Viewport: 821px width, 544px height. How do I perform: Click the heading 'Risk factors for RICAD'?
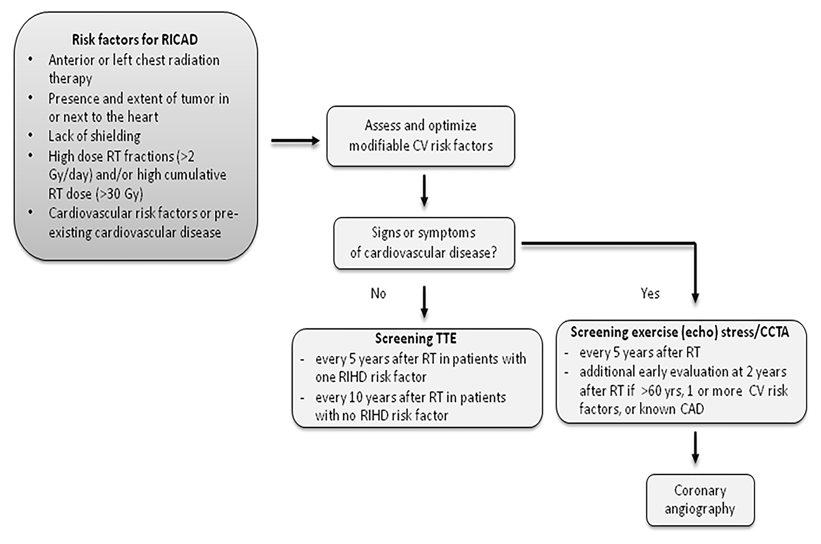(x=135, y=40)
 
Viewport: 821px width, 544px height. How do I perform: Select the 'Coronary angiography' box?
(x=700, y=500)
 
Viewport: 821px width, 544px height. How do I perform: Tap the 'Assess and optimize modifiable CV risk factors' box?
(x=420, y=136)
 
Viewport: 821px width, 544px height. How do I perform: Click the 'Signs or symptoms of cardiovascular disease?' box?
(x=424, y=243)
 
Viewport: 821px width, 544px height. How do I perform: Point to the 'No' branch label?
(x=378, y=293)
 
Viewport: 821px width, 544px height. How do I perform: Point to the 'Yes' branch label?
(x=650, y=293)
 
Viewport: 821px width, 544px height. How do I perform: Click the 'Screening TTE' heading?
(x=416, y=339)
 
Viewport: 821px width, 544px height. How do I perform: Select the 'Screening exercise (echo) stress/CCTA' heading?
(x=680, y=332)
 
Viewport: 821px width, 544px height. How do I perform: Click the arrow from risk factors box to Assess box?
(x=295, y=141)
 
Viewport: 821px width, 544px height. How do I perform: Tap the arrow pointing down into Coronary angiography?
(x=695, y=447)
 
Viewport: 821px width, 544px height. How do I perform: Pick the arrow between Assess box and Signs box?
(x=424, y=191)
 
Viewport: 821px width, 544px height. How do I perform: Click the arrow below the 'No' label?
(x=424, y=302)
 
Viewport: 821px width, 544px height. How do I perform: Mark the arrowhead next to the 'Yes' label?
(x=695, y=297)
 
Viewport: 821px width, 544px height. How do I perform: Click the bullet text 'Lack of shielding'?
(x=94, y=136)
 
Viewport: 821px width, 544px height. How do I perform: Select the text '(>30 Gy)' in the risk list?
(x=119, y=193)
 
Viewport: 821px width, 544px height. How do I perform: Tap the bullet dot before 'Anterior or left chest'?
(x=31, y=59)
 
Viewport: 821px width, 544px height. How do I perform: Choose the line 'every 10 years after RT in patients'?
(x=410, y=397)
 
